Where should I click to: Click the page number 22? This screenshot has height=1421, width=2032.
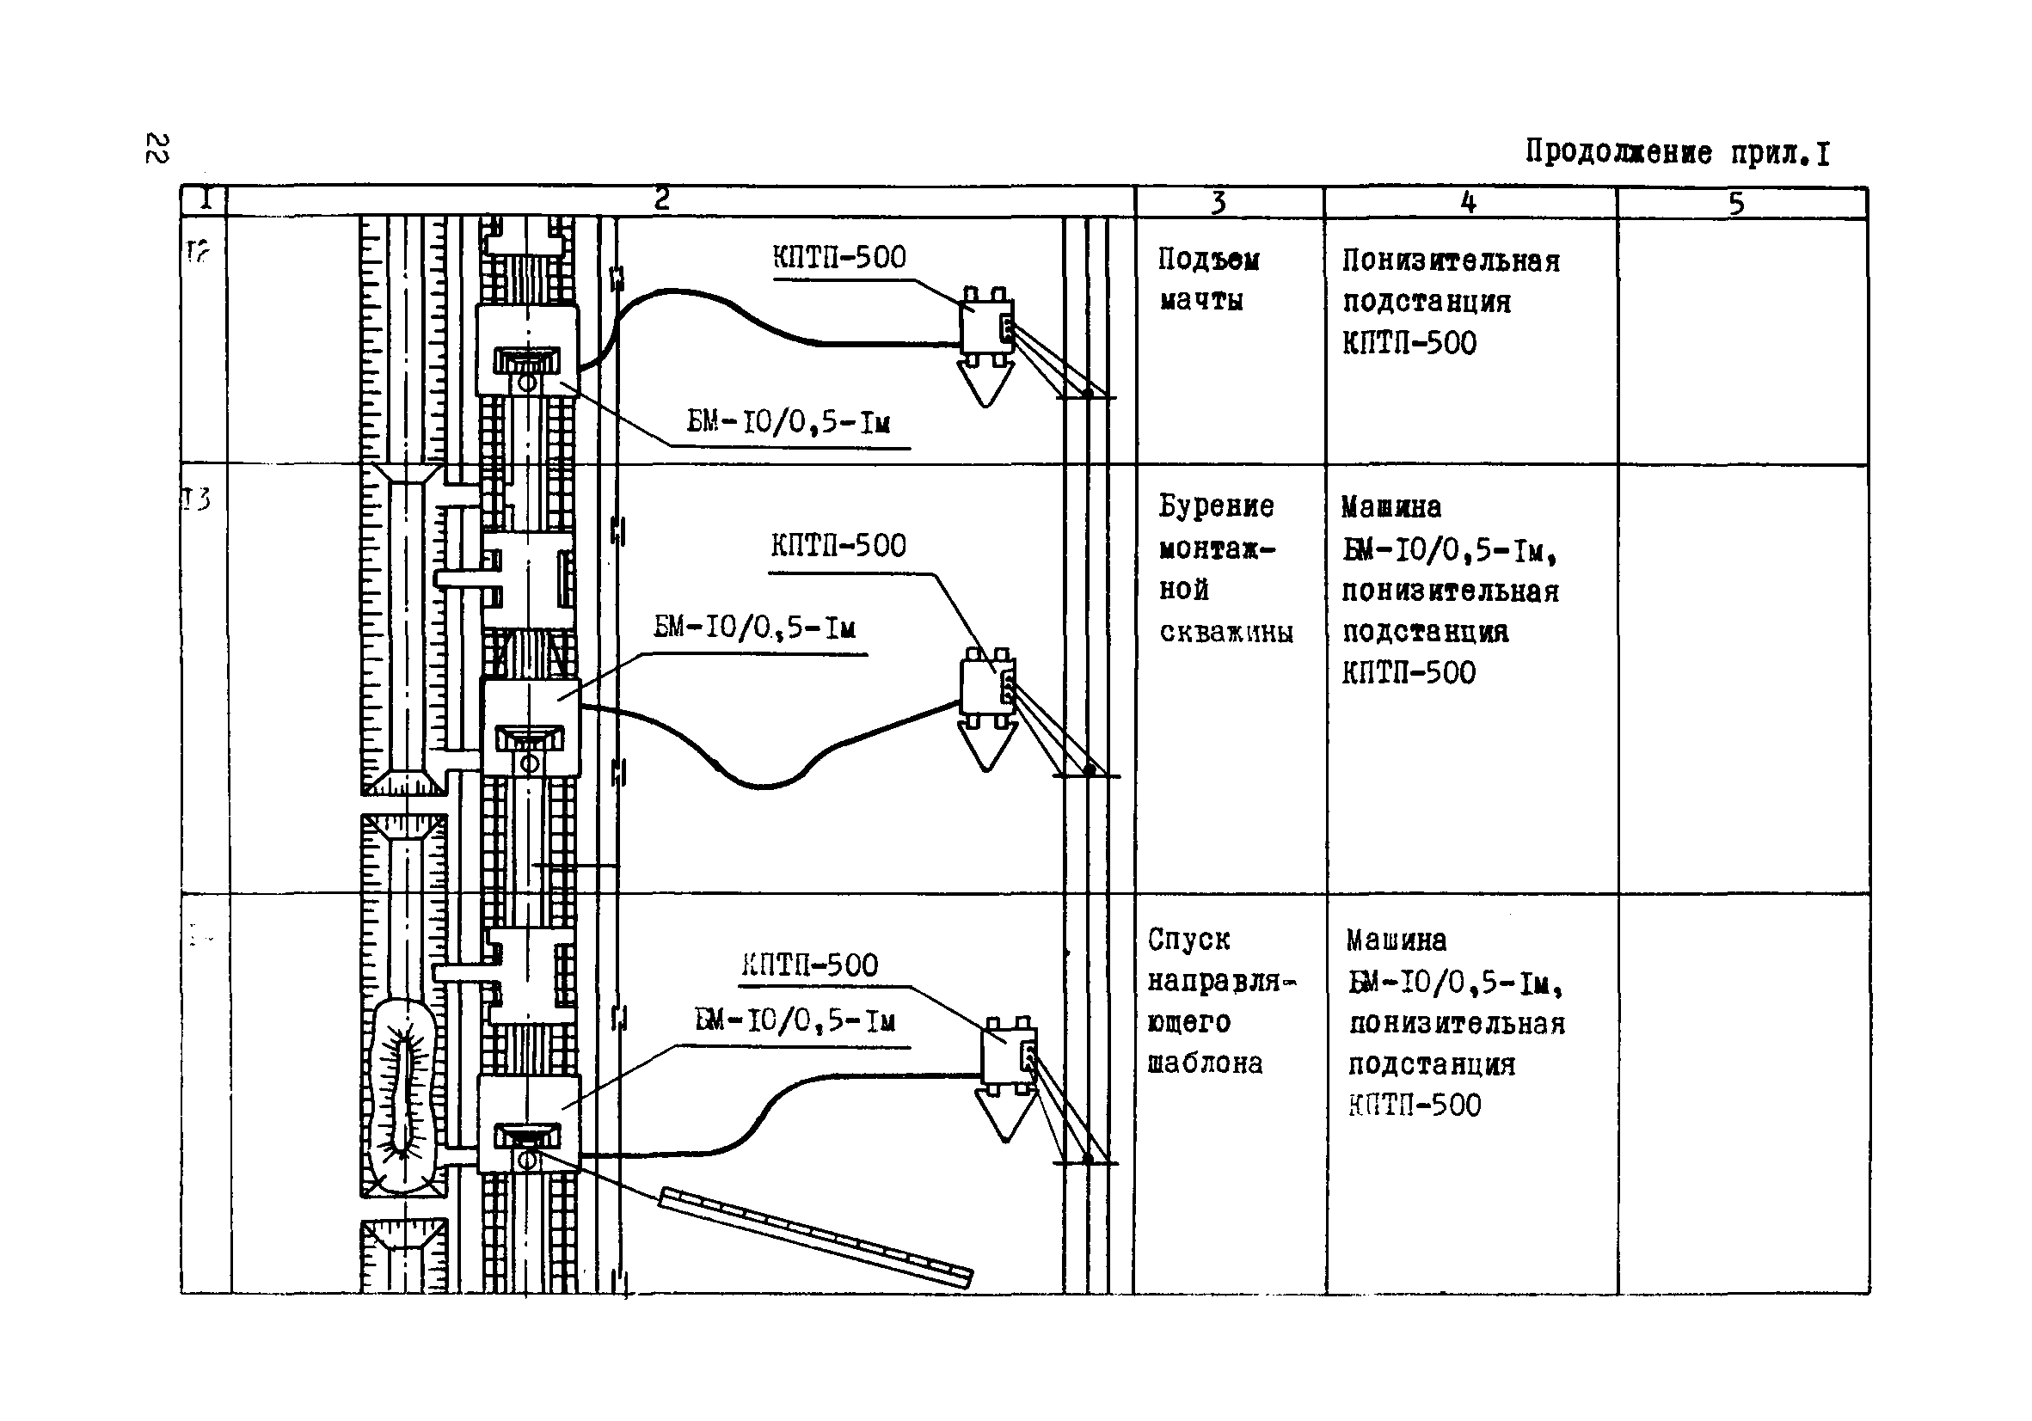coord(157,149)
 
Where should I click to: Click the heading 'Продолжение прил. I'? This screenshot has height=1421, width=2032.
coord(1676,153)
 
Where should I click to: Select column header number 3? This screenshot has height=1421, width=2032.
coord(1218,203)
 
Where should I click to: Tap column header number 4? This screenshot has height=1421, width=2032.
coord(1468,203)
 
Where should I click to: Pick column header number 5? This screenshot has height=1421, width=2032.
coord(1735,204)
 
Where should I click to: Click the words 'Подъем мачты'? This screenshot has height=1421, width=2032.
coord(1208,279)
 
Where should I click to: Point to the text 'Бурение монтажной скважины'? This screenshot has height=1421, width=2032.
coord(1224,568)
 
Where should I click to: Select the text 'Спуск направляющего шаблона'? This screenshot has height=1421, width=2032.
coord(1219,1001)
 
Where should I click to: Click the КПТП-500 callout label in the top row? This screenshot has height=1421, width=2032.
coord(839,258)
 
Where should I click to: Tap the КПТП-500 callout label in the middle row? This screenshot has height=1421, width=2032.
coord(838,545)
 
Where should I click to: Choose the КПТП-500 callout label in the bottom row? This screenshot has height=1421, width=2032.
coord(810,965)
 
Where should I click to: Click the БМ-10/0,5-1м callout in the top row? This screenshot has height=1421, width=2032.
coord(789,422)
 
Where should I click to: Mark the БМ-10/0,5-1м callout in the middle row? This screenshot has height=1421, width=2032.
coord(754,628)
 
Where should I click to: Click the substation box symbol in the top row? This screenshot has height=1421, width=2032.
coord(986,326)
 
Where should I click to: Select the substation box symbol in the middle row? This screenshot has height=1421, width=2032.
coord(987,687)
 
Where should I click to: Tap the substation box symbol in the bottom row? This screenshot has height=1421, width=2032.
coord(1008,1056)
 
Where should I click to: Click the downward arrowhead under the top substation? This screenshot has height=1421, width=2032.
coord(985,383)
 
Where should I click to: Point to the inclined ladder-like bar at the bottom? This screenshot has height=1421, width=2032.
coord(815,1236)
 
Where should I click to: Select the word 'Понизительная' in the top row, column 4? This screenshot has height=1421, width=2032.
coord(1451,261)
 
